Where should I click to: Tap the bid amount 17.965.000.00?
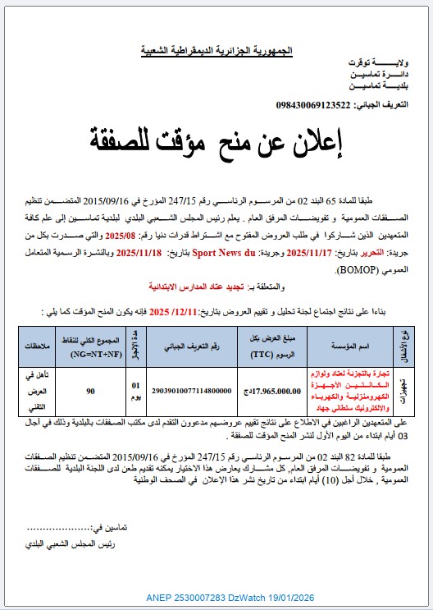coord(261,392)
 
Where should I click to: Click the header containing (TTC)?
coord(262,347)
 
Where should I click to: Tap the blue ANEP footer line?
coord(216,597)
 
